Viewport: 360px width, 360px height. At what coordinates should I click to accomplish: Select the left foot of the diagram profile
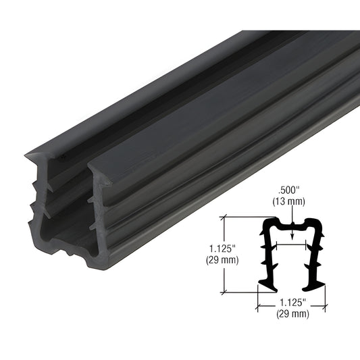(x=266, y=282)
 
